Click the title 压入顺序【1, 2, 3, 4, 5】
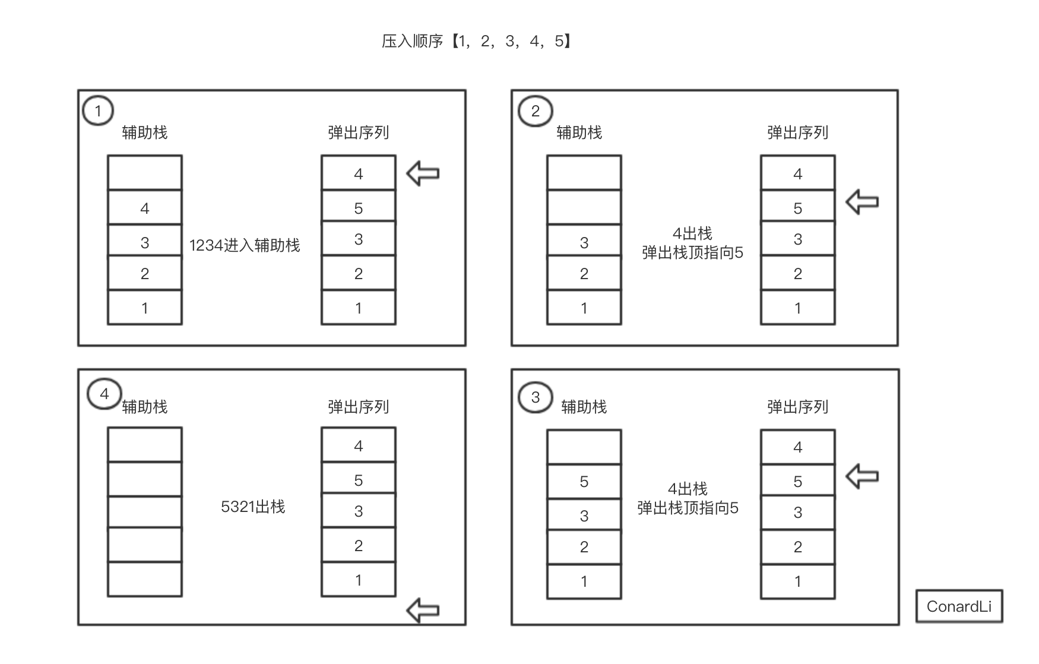476,41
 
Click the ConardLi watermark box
959,606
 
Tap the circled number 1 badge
98,111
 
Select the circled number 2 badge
535,111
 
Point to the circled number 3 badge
535,397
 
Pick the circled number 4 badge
104,394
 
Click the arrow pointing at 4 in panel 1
423,173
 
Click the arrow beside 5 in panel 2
862,202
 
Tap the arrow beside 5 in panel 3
862,476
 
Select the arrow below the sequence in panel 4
423,611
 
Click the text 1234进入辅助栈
245,245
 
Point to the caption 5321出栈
253,507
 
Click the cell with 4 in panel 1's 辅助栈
145,208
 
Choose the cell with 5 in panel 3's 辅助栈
584,482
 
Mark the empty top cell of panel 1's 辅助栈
145,173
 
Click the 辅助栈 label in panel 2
579,132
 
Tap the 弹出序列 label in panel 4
359,407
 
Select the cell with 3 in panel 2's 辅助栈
584,242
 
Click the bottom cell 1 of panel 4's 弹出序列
359,580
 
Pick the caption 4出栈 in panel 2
692,233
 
